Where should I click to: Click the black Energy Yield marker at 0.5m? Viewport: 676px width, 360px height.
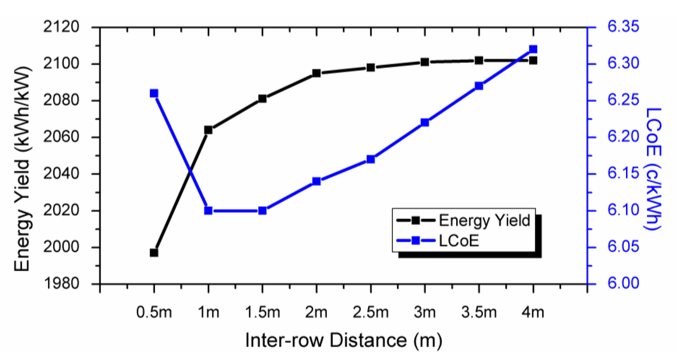154,253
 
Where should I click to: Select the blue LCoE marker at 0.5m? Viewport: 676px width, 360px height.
154,93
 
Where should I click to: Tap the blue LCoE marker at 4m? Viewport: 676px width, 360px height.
533,49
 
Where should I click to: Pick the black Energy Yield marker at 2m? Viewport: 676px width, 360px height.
317,73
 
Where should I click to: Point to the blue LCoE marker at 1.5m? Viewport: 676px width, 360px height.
262,211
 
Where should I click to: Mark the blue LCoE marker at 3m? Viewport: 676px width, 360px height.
425,123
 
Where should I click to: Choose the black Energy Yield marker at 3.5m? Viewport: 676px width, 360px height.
479,61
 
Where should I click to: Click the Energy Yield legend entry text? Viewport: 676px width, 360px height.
484,220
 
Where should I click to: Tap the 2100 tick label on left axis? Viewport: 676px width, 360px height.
61,64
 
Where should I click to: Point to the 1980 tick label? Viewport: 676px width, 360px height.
61,284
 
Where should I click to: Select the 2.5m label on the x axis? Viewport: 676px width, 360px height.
370,313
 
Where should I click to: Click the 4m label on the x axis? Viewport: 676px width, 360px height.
533,313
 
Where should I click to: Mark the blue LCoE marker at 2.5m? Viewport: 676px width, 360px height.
370,159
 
